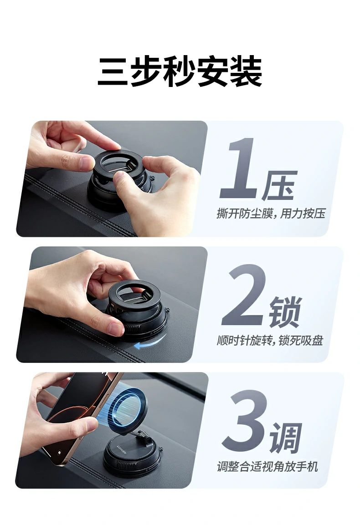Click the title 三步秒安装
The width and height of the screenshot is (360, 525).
pos(180,72)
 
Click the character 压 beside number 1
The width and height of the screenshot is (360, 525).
pos(279,186)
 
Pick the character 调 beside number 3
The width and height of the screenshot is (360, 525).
pos(286,438)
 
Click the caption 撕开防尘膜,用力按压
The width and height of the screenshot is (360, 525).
pos(271,214)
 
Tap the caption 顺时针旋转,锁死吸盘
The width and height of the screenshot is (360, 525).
pos(270,340)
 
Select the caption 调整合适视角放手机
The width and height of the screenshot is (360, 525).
pos(267,466)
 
